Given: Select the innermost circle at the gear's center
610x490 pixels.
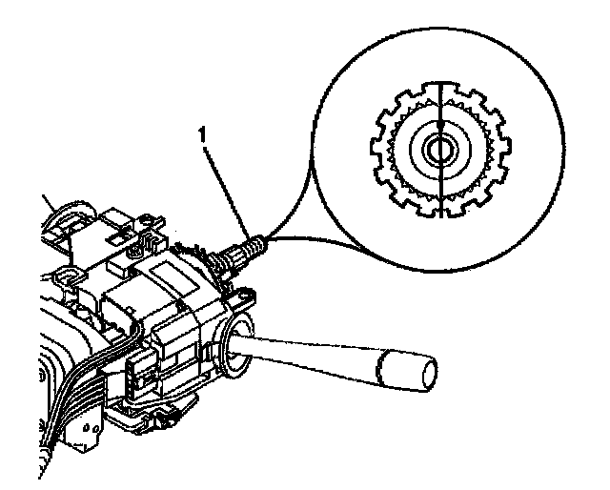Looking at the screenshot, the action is (x=439, y=150).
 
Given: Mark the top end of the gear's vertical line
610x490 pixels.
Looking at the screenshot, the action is (x=439, y=84).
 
